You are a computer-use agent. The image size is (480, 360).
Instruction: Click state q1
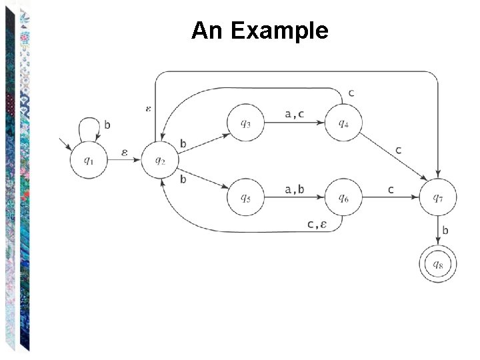87,160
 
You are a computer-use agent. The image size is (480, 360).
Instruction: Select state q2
160,160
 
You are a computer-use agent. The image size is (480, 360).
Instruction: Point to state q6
342,197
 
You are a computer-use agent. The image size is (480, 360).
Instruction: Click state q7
437,197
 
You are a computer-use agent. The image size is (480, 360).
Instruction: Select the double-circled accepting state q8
437,264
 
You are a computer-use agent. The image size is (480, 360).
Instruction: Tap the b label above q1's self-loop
107,123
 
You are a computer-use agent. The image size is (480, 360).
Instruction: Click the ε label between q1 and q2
125,153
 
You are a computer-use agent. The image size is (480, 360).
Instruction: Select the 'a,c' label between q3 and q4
294,114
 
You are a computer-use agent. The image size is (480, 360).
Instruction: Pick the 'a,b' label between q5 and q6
294,189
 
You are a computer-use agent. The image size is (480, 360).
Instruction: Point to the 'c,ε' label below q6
316,225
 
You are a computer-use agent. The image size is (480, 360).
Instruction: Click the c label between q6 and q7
391,189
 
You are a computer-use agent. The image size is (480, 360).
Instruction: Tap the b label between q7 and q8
445,231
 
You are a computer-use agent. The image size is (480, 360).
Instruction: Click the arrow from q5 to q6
294,198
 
